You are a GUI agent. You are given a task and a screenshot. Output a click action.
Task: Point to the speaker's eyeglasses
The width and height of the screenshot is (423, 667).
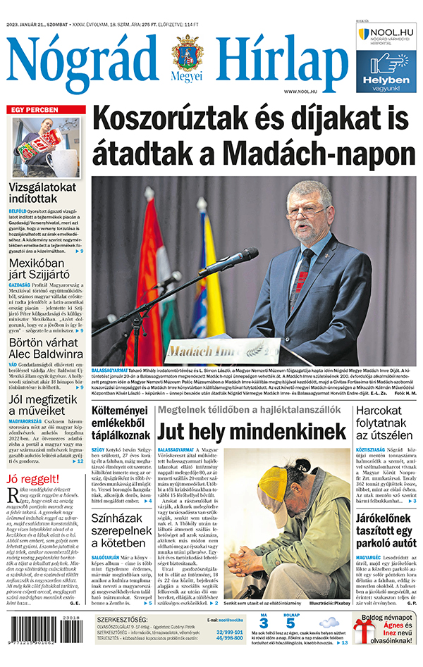(307, 211)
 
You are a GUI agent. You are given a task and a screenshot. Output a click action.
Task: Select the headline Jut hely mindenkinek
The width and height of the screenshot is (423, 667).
(252, 432)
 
